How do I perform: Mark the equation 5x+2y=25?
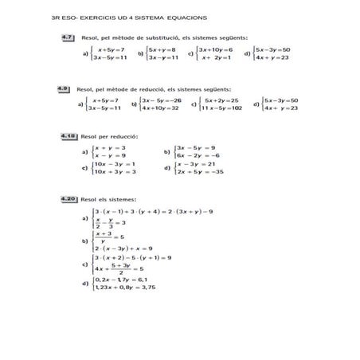[221, 100]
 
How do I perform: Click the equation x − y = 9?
[110, 155]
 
